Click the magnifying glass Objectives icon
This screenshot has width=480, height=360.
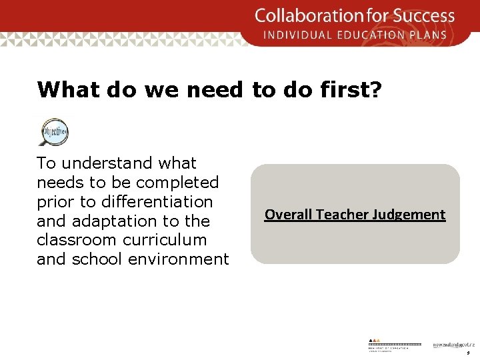(x=53, y=131)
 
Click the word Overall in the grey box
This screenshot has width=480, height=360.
(x=289, y=215)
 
